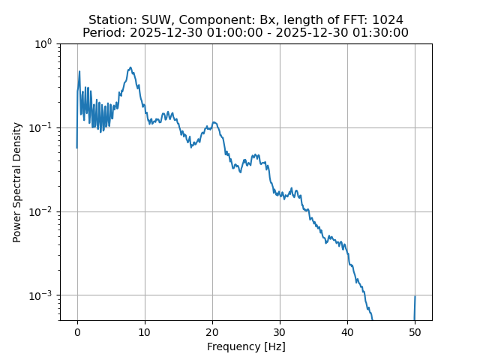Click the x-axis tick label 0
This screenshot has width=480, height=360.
click(77, 332)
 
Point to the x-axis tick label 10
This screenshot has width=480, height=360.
click(145, 332)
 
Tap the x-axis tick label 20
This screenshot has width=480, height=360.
click(212, 332)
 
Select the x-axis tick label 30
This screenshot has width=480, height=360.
click(280, 332)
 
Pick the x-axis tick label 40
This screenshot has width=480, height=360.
click(347, 332)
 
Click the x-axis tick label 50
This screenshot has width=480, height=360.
click(415, 332)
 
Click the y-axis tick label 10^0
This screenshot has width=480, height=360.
click(42, 44)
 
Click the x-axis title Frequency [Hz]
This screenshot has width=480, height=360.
click(246, 346)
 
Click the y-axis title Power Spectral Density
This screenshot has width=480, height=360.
click(17, 182)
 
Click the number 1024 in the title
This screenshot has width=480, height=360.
click(387, 19)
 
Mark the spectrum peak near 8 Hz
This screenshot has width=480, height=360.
click(130, 67)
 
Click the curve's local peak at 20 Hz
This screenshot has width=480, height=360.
click(214, 122)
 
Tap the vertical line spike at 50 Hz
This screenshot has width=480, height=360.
click(415, 307)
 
